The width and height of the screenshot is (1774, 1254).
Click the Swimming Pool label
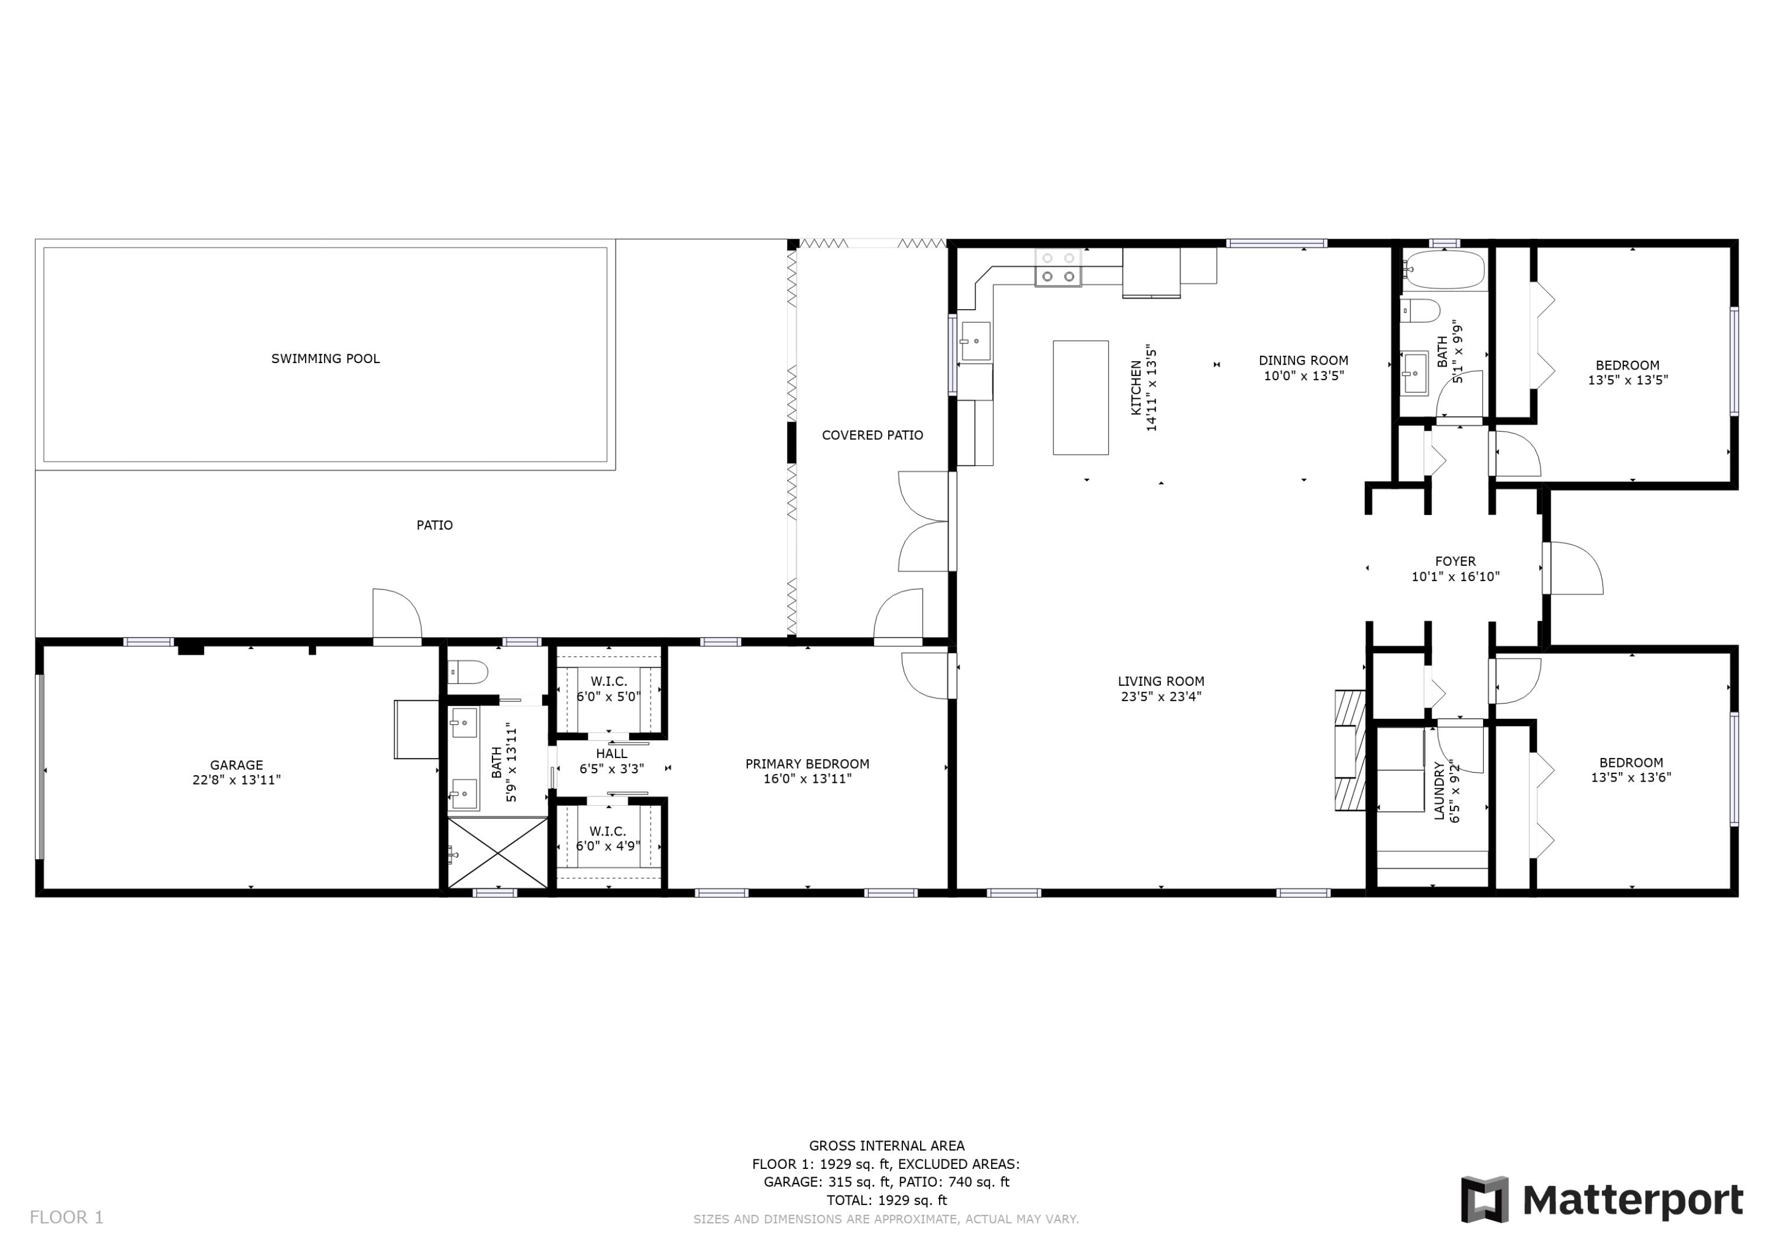point(325,358)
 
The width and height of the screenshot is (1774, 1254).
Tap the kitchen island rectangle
point(1080,397)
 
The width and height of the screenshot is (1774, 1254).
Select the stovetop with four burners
point(1058,267)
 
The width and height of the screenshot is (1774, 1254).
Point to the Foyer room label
point(1455,562)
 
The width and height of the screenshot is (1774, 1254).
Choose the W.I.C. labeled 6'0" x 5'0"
point(609,688)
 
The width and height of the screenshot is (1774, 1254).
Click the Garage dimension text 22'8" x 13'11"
point(237,780)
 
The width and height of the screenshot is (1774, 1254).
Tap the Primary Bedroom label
point(807,764)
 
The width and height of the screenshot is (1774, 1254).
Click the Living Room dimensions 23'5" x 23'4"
point(1161,696)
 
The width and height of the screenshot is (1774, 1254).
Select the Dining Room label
point(1303,360)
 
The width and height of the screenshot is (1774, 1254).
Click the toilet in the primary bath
point(468,672)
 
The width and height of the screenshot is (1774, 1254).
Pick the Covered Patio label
point(872,435)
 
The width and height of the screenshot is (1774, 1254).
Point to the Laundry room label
point(1439,790)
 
